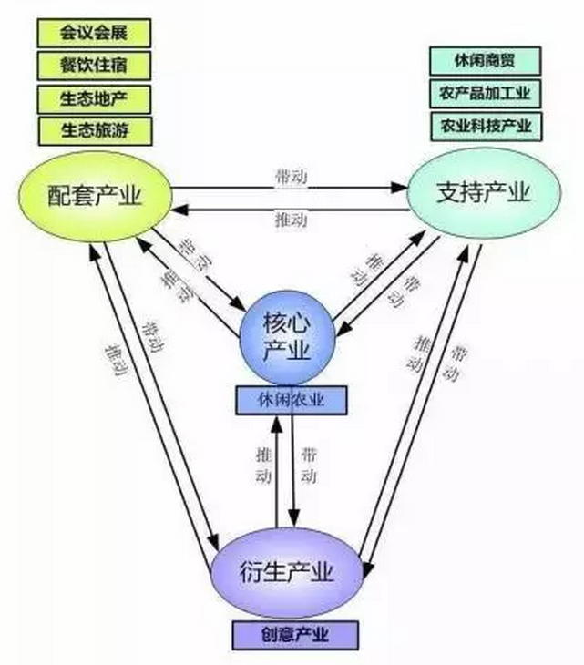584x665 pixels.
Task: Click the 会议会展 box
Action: point(93,34)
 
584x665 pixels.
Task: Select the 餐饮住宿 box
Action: point(93,66)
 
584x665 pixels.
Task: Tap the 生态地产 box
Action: point(93,97)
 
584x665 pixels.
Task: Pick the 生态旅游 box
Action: point(93,129)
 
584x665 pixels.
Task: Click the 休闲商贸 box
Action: point(485,61)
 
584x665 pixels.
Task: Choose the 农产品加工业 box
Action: point(485,92)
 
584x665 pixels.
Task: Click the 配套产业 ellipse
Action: point(95,193)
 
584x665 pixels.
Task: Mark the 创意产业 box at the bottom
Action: point(293,634)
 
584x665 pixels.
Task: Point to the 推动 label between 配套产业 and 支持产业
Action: point(290,220)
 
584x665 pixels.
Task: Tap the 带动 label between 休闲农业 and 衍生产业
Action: point(310,465)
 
